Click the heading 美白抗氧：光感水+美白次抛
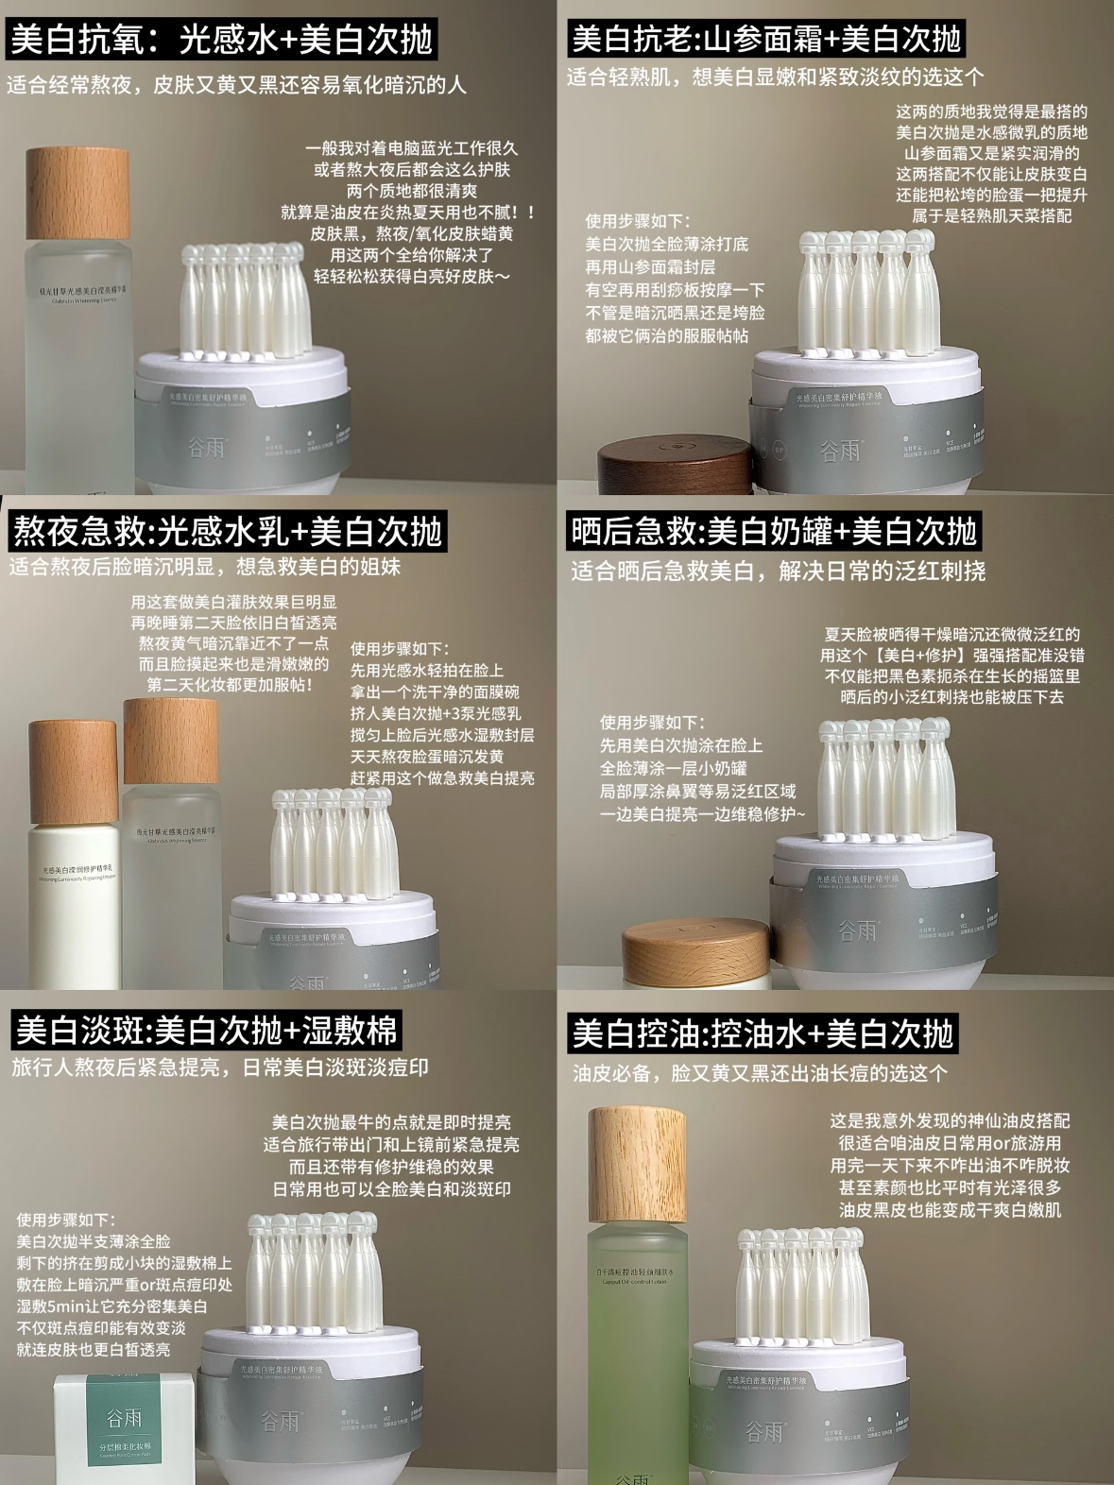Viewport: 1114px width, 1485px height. [x=221, y=39]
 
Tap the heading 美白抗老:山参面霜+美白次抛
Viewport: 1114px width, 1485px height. [x=766, y=39]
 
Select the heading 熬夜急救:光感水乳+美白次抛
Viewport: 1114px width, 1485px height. [x=227, y=532]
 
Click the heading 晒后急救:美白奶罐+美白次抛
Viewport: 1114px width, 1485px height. [x=772, y=532]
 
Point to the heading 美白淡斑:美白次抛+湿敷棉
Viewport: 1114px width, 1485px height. [x=206, y=1030]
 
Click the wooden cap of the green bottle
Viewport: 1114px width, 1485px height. [x=637, y=1166]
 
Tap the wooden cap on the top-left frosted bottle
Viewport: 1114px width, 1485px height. [x=77, y=193]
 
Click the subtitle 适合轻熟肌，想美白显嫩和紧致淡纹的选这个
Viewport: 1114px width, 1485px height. [x=775, y=77]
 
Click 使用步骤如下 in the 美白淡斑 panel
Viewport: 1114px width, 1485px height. [x=65, y=1220]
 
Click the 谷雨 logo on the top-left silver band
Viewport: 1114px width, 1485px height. [x=206, y=446]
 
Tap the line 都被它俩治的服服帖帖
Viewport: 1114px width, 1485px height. [x=666, y=335]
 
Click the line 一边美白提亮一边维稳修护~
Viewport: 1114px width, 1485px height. [x=703, y=813]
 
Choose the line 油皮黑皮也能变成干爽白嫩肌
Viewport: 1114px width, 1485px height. [x=950, y=1210]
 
